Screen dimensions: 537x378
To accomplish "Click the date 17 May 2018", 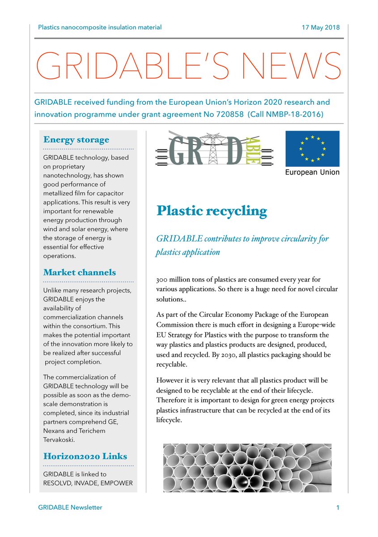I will [321, 27].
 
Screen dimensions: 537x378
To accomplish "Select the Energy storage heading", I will [76, 140].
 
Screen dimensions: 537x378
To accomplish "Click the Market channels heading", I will [80, 273].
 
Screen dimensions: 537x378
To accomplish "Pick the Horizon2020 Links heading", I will [85, 456].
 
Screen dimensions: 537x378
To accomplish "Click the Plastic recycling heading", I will [212, 211].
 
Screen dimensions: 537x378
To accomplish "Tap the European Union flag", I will [312, 149].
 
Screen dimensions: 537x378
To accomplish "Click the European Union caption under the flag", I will [312, 172].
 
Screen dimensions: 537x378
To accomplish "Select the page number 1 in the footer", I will [338, 507].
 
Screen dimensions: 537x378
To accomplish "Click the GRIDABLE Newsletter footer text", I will [70, 507].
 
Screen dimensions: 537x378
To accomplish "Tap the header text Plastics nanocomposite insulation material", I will [100, 27].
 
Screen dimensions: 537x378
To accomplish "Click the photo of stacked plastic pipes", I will [247, 468].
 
